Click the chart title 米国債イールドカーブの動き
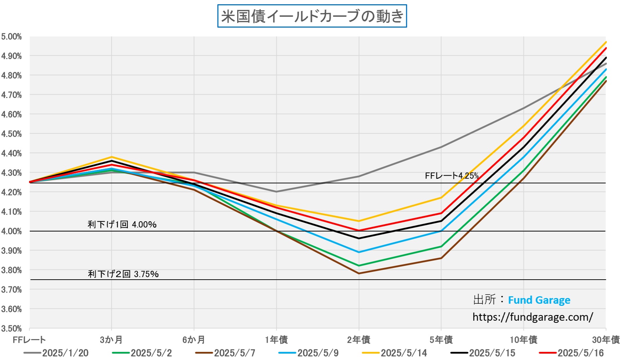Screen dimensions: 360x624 [x=312, y=16]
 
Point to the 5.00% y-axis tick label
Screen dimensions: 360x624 [x=11, y=37]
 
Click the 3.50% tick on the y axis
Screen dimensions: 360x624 [x=11, y=328]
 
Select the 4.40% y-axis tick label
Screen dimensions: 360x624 [x=11, y=153]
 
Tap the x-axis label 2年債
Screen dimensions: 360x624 [x=359, y=340]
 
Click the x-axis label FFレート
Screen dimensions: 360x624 [x=29, y=340]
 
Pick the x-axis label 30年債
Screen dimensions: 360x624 [x=606, y=340]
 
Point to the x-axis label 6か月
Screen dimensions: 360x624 [x=194, y=340]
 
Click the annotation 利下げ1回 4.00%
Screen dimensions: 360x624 [x=122, y=224]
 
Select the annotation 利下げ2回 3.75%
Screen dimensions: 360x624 [x=123, y=274]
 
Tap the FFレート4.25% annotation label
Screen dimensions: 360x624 [x=452, y=176]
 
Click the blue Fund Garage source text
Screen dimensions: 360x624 [x=539, y=300]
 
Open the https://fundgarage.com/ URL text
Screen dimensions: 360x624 [x=533, y=317]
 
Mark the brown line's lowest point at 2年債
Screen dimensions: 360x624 [x=359, y=273]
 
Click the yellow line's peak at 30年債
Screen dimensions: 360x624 [x=606, y=42]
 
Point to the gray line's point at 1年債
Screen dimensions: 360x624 [x=276, y=192]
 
